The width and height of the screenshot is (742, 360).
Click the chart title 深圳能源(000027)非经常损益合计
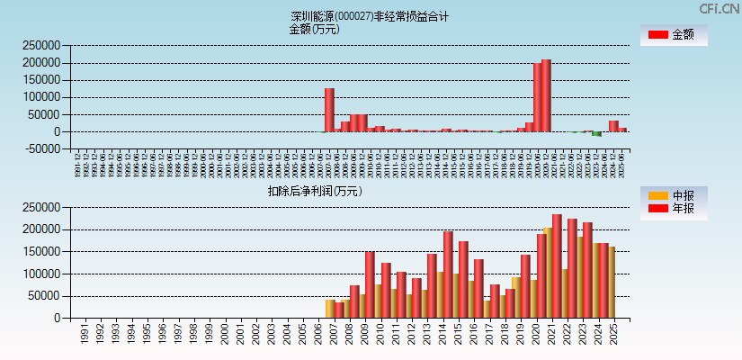(370, 16)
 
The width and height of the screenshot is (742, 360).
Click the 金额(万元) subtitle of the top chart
(314, 29)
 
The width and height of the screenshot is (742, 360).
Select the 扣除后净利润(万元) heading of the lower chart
(314, 191)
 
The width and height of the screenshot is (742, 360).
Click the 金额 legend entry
(674, 35)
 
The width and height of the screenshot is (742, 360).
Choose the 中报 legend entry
(674, 195)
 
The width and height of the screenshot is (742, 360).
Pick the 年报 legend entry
(674, 209)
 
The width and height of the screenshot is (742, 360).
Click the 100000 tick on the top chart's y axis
(40, 97)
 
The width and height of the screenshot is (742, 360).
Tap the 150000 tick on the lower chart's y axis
(40, 251)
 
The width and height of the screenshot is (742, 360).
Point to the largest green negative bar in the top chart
(596, 134)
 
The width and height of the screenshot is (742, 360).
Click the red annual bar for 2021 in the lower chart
(557, 265)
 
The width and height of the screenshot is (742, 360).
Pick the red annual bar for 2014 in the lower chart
(448, 274)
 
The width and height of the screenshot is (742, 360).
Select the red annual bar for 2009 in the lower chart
(370, 284)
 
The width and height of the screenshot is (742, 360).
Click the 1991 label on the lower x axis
(83, 334)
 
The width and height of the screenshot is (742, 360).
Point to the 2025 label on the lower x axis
(613, 334)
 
